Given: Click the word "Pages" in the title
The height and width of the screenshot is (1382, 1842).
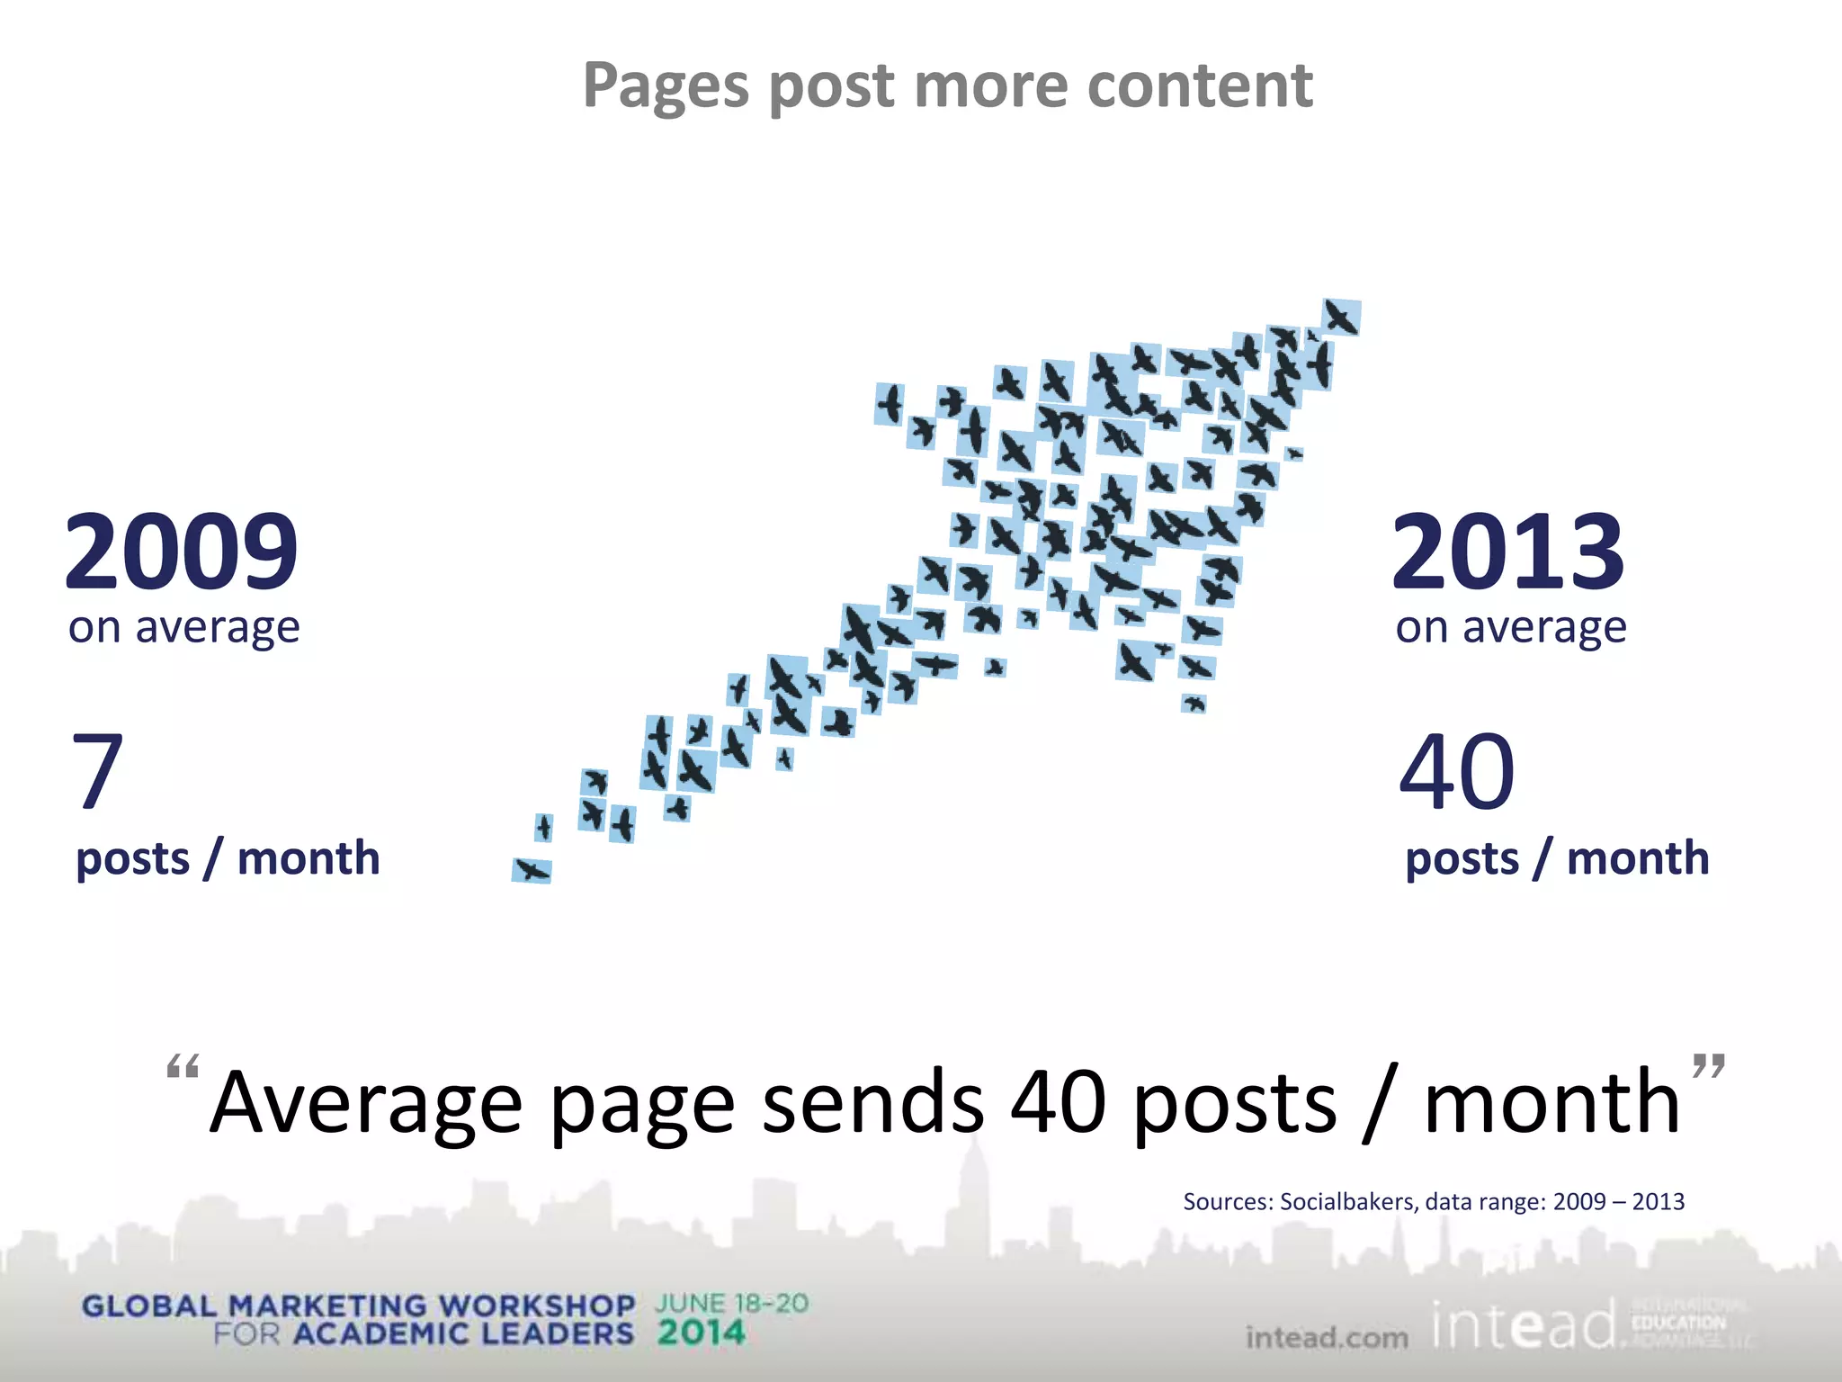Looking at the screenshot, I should click(x=666, y=87).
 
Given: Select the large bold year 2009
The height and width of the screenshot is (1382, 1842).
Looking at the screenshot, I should click(x=181, y=551).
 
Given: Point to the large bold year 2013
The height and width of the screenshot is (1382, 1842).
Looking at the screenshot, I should click(x=1508, y=551).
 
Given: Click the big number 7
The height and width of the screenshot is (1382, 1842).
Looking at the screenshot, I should click(x=97, y=770).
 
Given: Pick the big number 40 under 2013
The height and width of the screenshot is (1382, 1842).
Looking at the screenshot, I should click(x=1457, y=772).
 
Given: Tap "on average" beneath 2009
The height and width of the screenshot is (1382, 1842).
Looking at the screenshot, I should click(x=183, y=627).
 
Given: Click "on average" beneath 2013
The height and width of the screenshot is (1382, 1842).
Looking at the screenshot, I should click(x=1511, y=627).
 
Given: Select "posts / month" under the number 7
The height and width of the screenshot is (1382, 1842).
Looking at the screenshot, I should click(x=228, y=858).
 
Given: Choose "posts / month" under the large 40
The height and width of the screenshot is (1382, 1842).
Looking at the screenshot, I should click(x=1557, y=858).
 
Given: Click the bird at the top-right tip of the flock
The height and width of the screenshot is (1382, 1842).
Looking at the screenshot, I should click(x=1341, y=318).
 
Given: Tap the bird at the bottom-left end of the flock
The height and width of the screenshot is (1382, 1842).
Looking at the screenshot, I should click(x=532, y=870).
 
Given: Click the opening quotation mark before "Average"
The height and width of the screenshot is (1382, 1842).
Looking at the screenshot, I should click(x=183, y=1068).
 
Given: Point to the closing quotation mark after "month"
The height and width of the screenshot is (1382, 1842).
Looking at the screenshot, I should click(x=1708, y=1066).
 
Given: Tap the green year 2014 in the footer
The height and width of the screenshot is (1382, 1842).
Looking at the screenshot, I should click(x=702, y=1333).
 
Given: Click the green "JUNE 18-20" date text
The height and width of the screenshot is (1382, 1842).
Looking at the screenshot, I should click(x=732, y=1304).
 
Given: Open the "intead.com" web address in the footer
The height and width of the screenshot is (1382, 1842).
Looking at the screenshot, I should click(x=1327, y=1338).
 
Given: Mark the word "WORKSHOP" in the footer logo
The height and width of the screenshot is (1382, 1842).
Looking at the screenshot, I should click(x=537, y=1306).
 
